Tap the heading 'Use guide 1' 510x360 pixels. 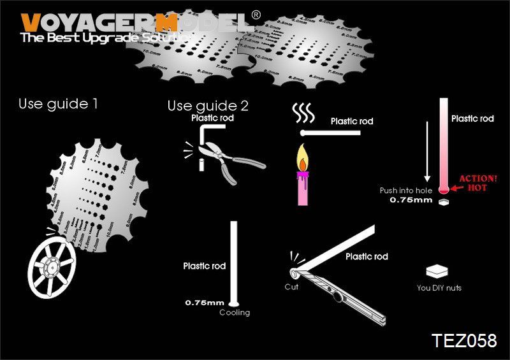tap(58, 103)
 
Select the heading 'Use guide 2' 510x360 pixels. tap(208, 105)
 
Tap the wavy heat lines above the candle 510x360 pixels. tap(305, 115)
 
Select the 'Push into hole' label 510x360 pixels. tap(406, 191)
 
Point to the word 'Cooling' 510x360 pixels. tap(235, 312)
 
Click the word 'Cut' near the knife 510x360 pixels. tap(291, 287)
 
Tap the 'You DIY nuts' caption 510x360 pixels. tap(439, 288)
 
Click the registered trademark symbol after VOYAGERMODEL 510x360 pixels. tap(255, 15)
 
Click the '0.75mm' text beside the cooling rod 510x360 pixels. tap(205, 302)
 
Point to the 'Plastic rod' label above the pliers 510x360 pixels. tap(213, 118)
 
